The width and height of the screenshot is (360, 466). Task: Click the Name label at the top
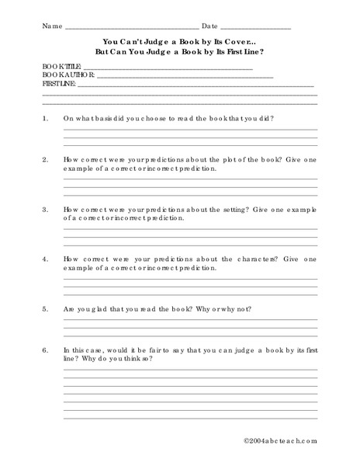click(50, 26)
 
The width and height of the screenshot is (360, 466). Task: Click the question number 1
click(45, 119)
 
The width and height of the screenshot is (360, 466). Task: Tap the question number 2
click(45, 158)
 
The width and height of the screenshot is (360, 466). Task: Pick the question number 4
click(45, 259)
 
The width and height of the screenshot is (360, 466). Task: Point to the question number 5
click(45, 308)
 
